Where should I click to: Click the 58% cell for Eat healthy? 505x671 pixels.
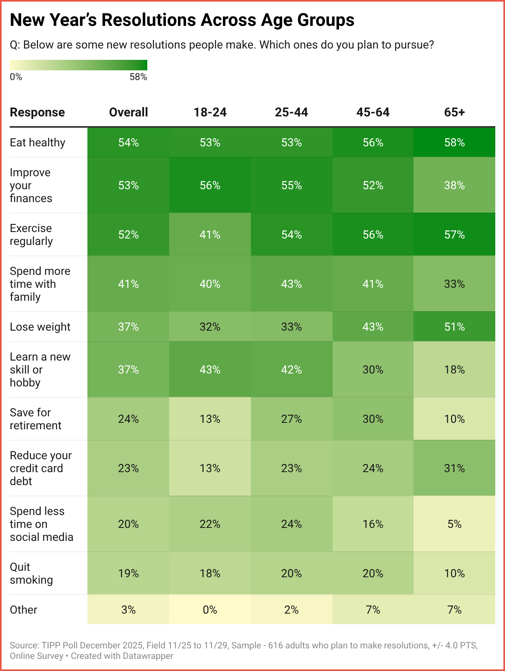coord(454,143)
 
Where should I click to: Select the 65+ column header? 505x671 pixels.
coord(454,112)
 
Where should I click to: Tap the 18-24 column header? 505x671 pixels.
coord(210,112)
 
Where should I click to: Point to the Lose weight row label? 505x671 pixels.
coord(40,327)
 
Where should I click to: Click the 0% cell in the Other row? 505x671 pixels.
coord(210,610)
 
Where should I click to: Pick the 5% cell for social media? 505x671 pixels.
coord(454,524)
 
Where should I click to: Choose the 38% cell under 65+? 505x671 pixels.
coord(454,185)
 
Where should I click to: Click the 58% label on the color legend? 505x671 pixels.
coord(138,77)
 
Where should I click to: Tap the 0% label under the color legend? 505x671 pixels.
coord(16,77)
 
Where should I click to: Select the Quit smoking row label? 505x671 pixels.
coord(31,573)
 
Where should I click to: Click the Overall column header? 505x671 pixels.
coord(128,112)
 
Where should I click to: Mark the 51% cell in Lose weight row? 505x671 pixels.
coord(454,327)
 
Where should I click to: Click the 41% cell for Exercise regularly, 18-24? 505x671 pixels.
coord(210,234)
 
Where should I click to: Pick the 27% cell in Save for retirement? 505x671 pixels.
coord(291,419)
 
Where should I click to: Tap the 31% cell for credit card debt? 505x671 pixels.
coord(454,468)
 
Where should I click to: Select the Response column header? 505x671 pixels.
coord(37,112)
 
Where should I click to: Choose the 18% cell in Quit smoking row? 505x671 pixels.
coord(210,573)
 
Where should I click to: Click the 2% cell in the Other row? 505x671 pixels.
coord(291,610)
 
